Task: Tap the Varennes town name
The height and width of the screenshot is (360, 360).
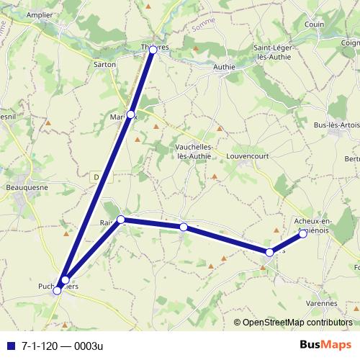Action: click(311, 304)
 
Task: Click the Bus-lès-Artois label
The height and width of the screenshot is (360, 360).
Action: click(336, 125)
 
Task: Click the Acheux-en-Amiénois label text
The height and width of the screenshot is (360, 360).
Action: click(312, 225)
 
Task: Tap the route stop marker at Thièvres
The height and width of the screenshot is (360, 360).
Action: click(153, 50)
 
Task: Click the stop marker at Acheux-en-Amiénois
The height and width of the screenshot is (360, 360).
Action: click(303, 233)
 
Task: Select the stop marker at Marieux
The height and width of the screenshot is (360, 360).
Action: click(130, 114)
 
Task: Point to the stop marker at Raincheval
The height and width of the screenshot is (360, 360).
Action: click(121, 219)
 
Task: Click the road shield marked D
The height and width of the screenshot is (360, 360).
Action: click(96, 176)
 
